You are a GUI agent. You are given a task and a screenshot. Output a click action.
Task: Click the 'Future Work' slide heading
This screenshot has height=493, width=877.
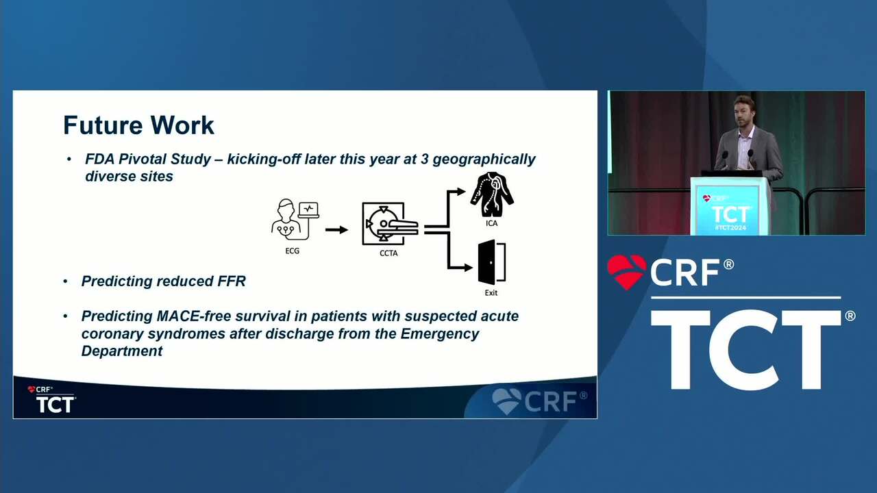point(138,125)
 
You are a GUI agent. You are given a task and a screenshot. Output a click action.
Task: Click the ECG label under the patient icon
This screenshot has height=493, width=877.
point(292,251)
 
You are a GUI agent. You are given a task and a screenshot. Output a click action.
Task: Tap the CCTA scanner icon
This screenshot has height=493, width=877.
point(390,223)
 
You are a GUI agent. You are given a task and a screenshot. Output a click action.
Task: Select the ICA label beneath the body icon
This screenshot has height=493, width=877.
point(491,223)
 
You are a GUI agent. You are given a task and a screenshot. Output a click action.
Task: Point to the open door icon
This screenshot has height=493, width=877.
point(492,262)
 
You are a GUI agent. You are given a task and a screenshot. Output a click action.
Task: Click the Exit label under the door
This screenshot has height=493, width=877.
point(491,292)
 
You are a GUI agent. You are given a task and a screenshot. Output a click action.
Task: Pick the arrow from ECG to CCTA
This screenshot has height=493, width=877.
point(336,229)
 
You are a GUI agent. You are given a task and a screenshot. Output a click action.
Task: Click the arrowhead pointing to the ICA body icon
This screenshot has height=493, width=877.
point(461,192)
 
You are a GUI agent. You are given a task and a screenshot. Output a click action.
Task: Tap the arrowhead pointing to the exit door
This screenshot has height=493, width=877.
point(468,268)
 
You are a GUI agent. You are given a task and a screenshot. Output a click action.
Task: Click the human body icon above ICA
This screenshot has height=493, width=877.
point(492,194)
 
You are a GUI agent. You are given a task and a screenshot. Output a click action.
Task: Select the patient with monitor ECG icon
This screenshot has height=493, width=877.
point(295,219)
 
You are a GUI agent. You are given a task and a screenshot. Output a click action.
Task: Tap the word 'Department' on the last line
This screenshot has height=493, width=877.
point(122,351)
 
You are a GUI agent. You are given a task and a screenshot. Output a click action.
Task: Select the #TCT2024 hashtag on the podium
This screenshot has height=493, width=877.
point(730,227)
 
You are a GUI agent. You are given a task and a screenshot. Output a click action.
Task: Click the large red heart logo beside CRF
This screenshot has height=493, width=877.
point(627,272)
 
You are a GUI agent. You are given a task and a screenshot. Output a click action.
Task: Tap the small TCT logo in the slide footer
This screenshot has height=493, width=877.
point(55,404)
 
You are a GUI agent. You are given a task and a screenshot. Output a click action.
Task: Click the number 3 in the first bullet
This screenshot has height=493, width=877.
point(424,160)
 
